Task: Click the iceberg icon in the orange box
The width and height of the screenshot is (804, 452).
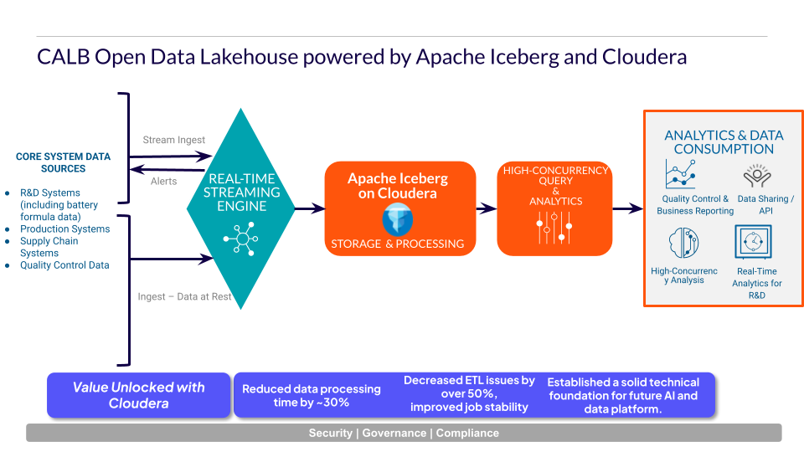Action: coord(397,219)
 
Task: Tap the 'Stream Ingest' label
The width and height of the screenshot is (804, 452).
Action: coord(173,140)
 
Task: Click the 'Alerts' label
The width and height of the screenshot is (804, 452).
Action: coord(163,181)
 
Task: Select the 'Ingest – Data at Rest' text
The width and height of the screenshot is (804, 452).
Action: coord(184,296)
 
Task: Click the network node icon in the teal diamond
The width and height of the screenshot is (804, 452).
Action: coord(241,240)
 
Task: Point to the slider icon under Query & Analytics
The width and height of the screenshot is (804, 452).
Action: coord(554,227)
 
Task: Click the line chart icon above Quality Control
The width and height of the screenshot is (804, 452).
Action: coord(680,175)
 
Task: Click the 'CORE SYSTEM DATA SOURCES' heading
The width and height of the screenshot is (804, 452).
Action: coord(63,162)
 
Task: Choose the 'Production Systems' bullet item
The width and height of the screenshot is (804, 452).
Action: coord(64,229)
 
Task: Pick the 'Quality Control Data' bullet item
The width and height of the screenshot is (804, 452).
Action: coord(64,265)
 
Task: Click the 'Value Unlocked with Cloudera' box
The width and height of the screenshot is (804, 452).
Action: coord(139,395)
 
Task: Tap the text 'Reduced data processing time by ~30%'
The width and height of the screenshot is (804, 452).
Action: coord(311,395)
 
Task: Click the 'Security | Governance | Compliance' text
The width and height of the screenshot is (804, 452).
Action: coord(404,433)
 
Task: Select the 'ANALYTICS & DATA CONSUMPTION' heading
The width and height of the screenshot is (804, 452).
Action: coord(724,142)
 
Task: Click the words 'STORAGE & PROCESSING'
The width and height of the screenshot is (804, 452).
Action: coord(397,244)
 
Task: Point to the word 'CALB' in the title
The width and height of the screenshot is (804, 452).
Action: coord(63,57)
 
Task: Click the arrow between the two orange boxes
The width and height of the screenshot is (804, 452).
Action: coord(486,208)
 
